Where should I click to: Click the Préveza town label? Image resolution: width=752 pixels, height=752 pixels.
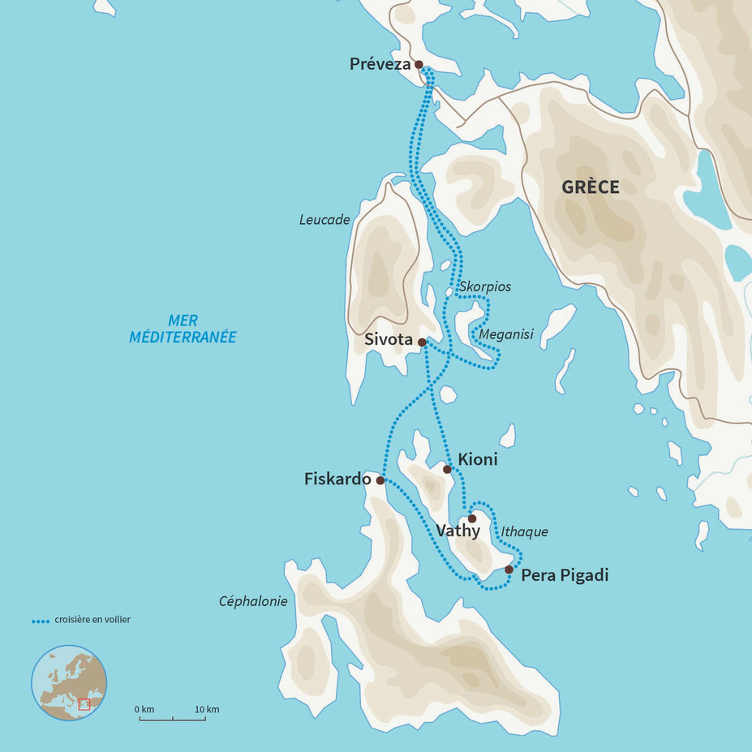click(380, 64)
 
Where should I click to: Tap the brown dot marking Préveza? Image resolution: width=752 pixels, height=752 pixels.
click(419, 64)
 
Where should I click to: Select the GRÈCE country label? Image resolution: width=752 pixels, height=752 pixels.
click(591, 187)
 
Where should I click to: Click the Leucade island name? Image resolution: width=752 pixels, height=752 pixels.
click(324, 220)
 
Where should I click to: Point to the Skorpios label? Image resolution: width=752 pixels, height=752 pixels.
click(484, 286)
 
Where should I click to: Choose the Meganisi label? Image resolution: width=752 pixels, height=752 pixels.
click(506, 333)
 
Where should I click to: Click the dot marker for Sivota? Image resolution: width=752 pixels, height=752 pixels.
click(422, 342)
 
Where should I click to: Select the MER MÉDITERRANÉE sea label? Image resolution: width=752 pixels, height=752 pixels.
click(183, 329)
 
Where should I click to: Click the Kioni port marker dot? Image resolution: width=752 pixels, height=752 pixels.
click(447, 469)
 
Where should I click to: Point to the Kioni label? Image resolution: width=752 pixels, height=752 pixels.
click(478, 460)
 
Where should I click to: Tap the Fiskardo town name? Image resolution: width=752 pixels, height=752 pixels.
click(337, 479)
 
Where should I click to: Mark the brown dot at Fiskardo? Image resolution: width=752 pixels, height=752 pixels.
click(380, 480)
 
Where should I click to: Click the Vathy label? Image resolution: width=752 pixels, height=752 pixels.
click(458, 531)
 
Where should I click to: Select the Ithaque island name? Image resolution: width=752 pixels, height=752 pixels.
click(525, 532)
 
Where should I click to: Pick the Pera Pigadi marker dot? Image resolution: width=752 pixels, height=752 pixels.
click(509, 569)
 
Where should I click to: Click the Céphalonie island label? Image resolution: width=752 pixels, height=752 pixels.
click(253, 601)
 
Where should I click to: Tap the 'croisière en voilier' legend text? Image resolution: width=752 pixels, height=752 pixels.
click(92, 620)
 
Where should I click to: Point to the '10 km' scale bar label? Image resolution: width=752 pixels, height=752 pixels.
click(206, 710)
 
